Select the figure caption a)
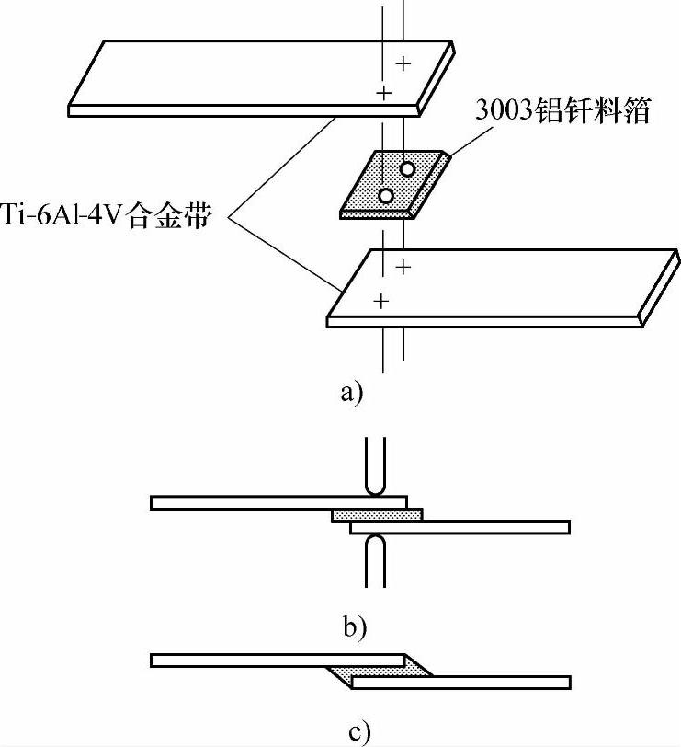coord(352,393)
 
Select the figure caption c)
coord(359,732)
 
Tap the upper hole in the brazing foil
coord(406,169)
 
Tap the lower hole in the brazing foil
coord(386,195)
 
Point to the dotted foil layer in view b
coord(377,514)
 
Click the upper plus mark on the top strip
coord(403,63)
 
